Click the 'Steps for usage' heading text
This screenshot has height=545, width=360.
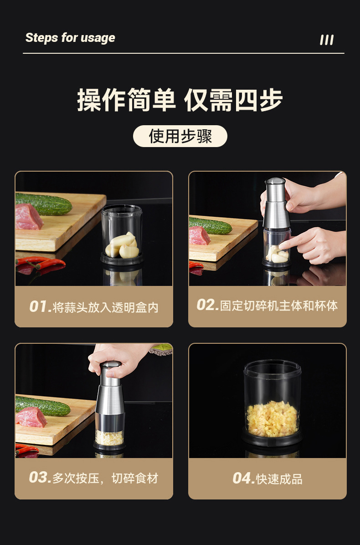point(70,38)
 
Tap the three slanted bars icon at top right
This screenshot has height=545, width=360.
point(327,40)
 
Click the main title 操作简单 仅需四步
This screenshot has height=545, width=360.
point(180,100)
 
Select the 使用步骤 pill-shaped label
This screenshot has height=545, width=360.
point(180,136)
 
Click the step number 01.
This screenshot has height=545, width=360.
point(40,306)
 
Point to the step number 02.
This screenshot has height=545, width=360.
point(207,305)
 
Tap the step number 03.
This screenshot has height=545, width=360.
point(40,478)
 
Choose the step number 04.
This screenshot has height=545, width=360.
point(243,479)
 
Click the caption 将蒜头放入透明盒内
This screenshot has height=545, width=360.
point(106,307)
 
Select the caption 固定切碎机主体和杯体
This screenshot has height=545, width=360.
point(279,306)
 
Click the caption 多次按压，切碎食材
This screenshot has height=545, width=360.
point(105,479)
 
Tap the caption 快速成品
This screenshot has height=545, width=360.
point(279,479)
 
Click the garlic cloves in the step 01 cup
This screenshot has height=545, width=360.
point(122,246)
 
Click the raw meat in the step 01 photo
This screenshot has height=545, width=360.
point(28,217)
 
